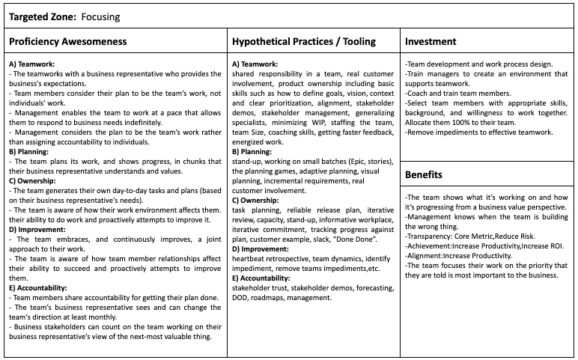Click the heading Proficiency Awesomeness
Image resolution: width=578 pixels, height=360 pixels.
[x=68, y=41]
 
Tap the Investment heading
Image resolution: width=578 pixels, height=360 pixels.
[x=431, y=41]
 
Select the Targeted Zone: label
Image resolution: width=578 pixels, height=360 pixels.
[x=41, y=16]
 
